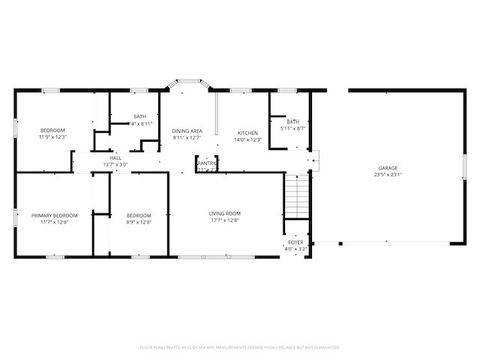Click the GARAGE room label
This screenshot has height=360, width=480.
pos(387,167)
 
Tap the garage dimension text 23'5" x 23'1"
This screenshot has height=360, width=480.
pos(387,175)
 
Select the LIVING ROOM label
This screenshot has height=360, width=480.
pos(225,213)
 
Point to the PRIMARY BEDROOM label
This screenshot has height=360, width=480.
pos(54,215)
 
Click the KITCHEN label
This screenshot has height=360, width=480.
pos(247,132)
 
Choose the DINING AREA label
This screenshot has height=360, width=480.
pos(188,131)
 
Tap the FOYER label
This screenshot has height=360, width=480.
pos(296,242)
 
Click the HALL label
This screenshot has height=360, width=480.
pos(116,158)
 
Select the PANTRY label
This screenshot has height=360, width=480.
pos(207,163)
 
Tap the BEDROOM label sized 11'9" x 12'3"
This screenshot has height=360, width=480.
pos(53,131)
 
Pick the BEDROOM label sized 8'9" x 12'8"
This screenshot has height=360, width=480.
pos(139,215)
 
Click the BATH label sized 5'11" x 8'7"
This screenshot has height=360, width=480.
pos(293,121)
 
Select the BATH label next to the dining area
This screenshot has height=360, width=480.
pos(140,117)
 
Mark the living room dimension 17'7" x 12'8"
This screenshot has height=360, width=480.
pos(225,221)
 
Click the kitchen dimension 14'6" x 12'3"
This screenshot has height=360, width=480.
pos(247,140)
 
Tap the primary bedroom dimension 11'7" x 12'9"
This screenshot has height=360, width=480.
pos(54,223)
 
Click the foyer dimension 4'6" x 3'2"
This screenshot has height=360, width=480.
pos(296,249)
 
